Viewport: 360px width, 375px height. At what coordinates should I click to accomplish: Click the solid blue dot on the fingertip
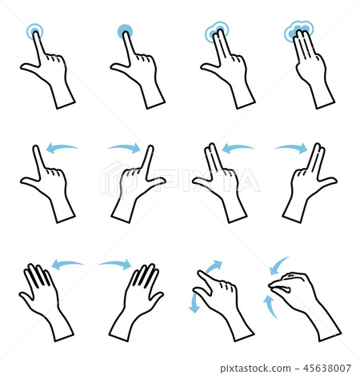point(125,32)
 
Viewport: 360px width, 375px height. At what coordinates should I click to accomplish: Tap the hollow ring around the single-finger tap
point(34,32)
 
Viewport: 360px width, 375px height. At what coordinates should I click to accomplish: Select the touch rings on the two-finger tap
point(215,34)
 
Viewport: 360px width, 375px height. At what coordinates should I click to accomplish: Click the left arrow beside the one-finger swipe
point(63,148)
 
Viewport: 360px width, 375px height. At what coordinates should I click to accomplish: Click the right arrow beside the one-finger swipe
point(123,147)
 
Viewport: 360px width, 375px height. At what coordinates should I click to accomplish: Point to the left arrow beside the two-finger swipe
point(238,148)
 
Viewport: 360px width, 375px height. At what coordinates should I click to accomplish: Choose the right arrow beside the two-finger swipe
point(290,148)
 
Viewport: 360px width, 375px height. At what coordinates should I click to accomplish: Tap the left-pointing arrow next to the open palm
point(68,264)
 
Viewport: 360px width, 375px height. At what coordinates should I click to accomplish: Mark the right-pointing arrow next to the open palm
point(114,263)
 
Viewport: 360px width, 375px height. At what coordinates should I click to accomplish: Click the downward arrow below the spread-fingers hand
point(193,302)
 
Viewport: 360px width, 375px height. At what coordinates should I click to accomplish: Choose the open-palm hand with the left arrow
point(44,300)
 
